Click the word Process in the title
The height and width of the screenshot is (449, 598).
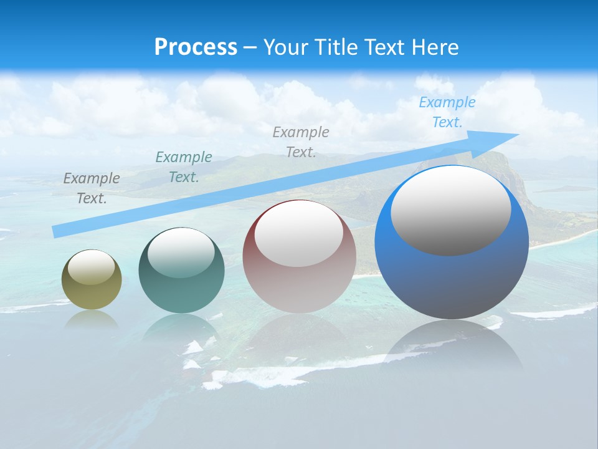(x=196, y=47)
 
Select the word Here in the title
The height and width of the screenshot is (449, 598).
(x=435, y=47)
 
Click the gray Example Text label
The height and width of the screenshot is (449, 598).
(x=92, y=188)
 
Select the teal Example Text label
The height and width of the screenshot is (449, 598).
(x=184, y=167)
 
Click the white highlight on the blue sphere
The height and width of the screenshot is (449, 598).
(x=451, y=210)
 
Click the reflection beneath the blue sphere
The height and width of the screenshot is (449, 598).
(x=452, y=346)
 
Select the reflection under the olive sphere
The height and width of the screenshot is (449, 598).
(x=92, y=319)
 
